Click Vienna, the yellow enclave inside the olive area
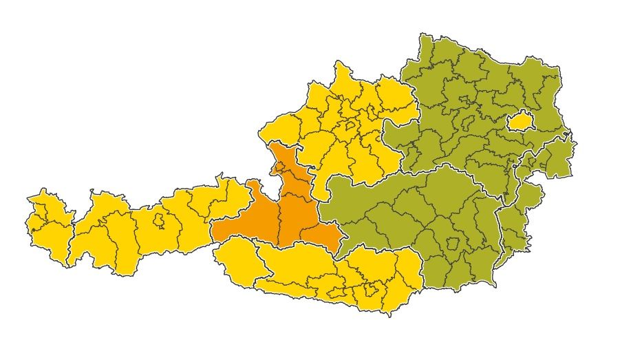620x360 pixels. [520, 123]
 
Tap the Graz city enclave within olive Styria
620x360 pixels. [453, 244]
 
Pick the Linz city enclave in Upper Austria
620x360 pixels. [350, 126]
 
